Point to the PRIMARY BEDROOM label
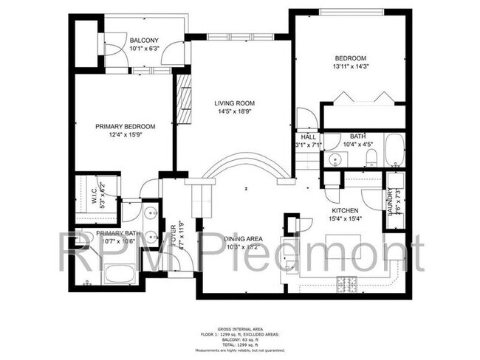(124, 126)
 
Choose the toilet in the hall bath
(372, 156)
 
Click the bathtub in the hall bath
(393, 151)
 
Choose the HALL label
(308, 136)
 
